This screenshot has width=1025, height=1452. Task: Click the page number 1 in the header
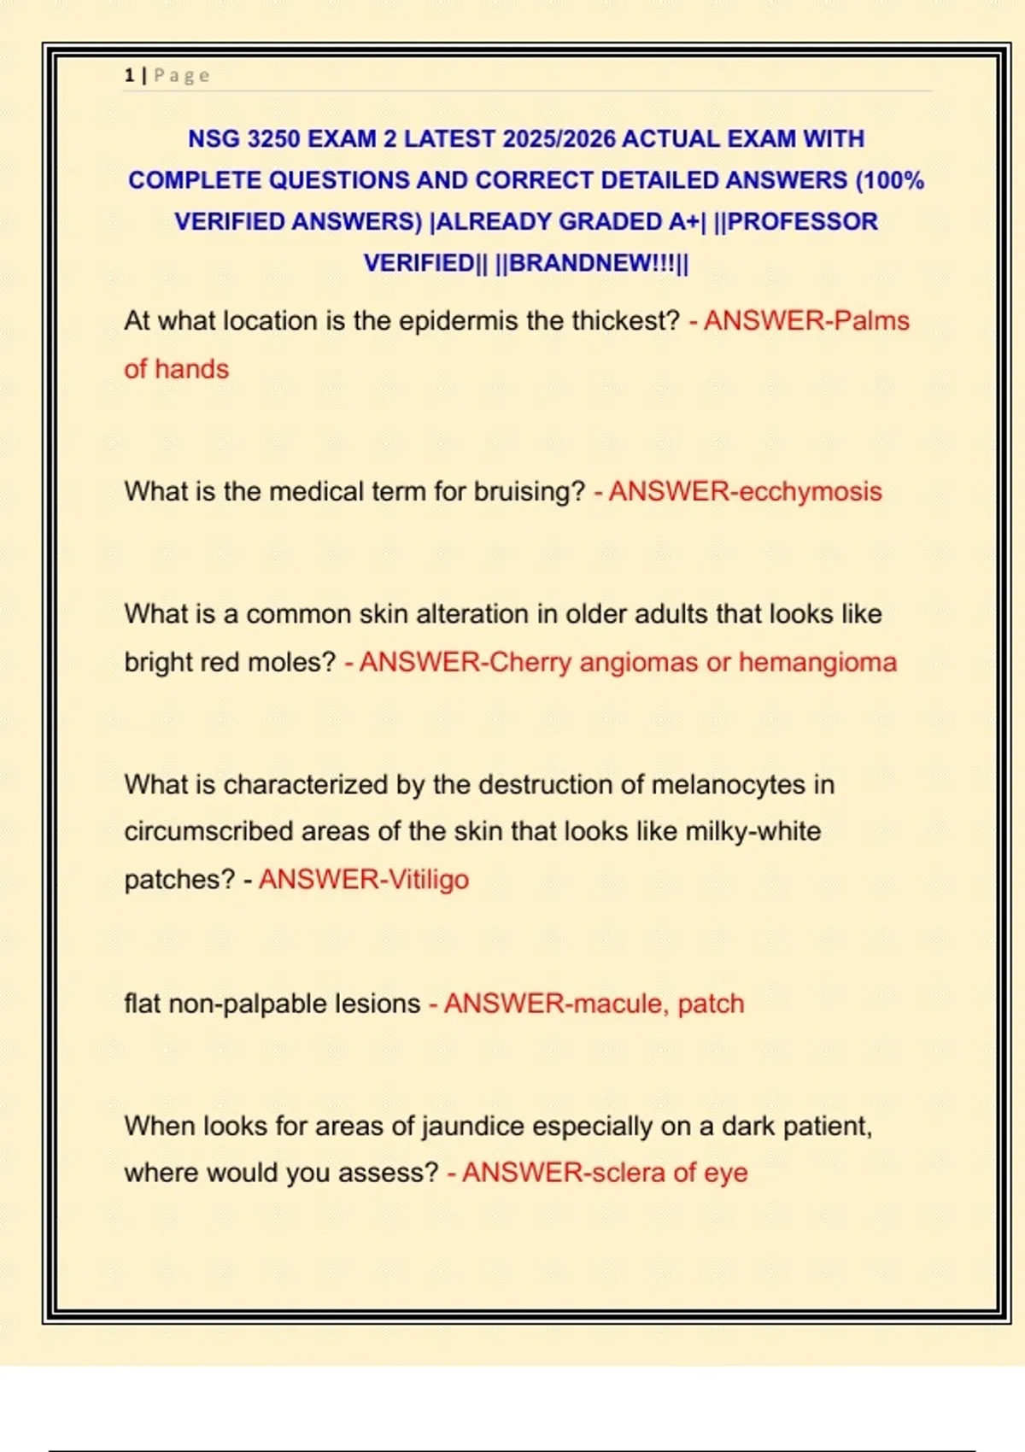[x=129, y=76]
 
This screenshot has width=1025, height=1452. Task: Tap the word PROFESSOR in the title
[x=802, y=221]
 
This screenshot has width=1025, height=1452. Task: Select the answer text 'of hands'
[x=176, y=369]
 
